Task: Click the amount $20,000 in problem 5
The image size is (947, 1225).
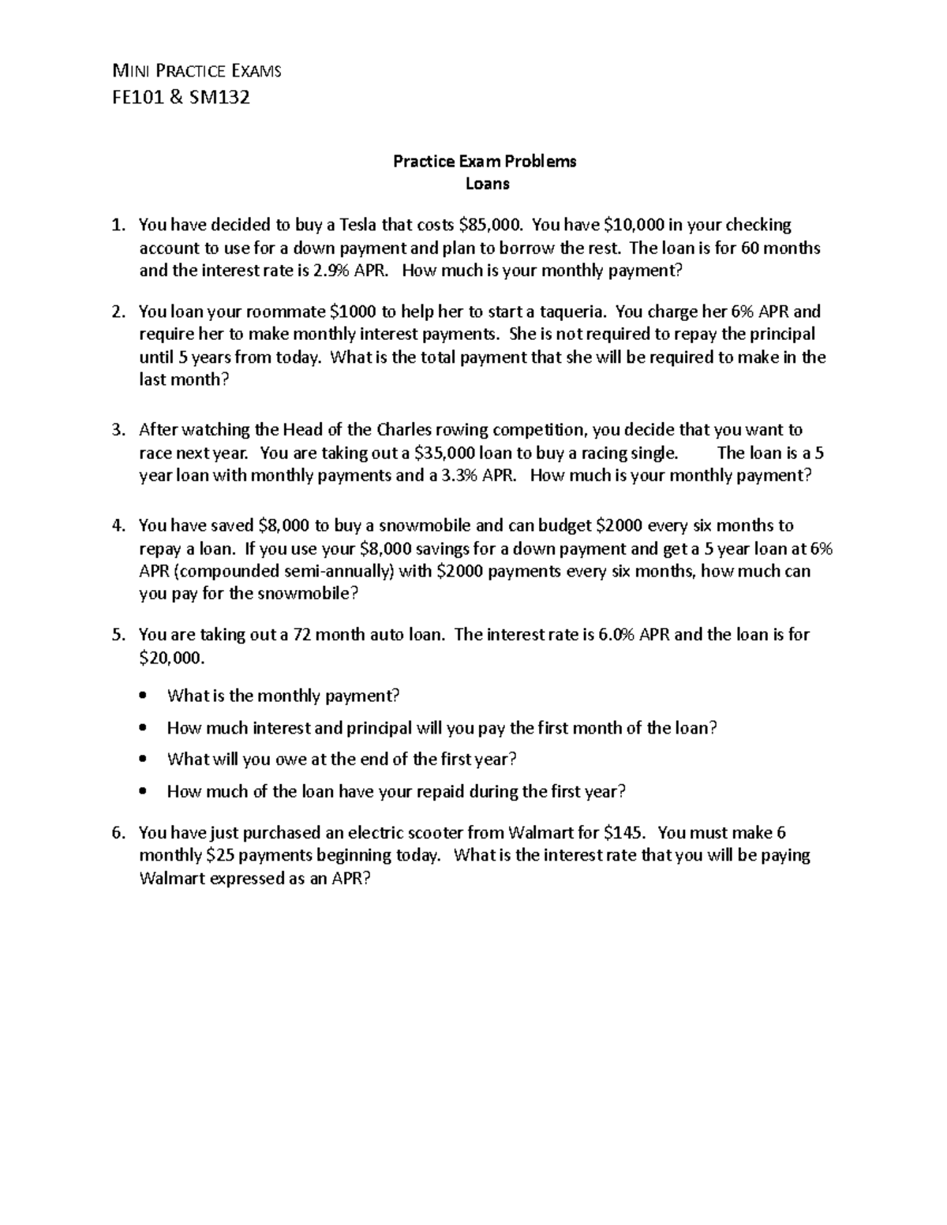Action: [x=170, y=657]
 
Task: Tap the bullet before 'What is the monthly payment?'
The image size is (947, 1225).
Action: [x=142, y=697]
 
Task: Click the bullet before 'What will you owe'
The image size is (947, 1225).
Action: [x=142, y=760]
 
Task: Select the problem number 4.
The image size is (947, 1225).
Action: [x=117, y=525]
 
